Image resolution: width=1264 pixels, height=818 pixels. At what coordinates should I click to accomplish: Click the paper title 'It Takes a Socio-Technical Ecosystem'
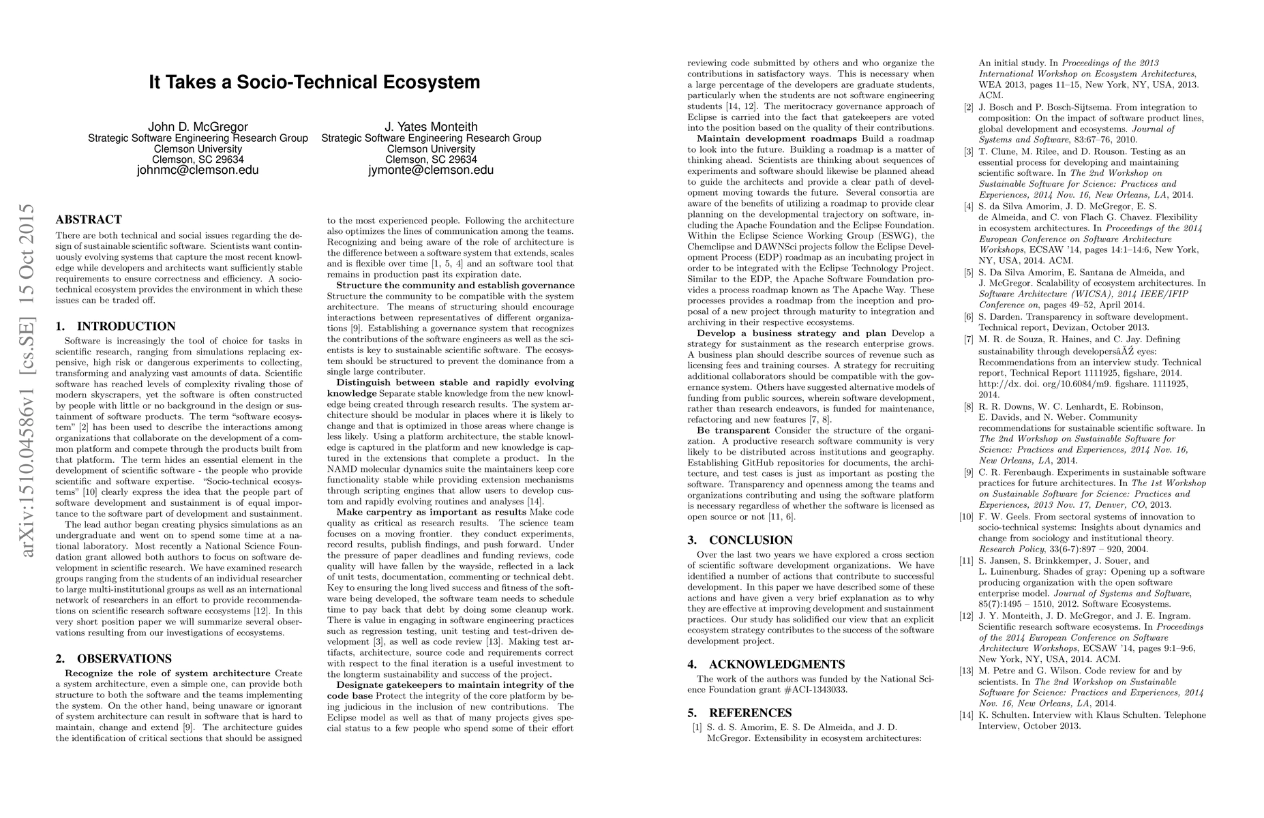[314, 82]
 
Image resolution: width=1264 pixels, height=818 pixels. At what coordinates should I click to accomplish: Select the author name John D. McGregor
[198, 127]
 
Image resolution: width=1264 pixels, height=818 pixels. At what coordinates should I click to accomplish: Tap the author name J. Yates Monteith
[431, 127]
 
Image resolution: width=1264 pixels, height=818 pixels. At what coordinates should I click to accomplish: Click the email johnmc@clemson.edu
[198, 170]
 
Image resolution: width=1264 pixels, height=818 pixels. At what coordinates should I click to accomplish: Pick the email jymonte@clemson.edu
[431, 170]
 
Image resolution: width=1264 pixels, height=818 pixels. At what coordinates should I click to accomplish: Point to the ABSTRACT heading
[89, 219]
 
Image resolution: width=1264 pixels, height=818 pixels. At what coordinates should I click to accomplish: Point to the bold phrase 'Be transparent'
[733, 430]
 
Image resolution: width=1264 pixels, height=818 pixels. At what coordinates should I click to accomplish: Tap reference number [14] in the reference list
[966, 715]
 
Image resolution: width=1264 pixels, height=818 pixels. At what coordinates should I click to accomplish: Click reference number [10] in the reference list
[966, 517]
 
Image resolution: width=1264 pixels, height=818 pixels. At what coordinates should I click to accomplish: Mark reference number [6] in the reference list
[968, 317]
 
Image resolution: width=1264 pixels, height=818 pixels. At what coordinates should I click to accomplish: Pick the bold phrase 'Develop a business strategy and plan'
[791, 333]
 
